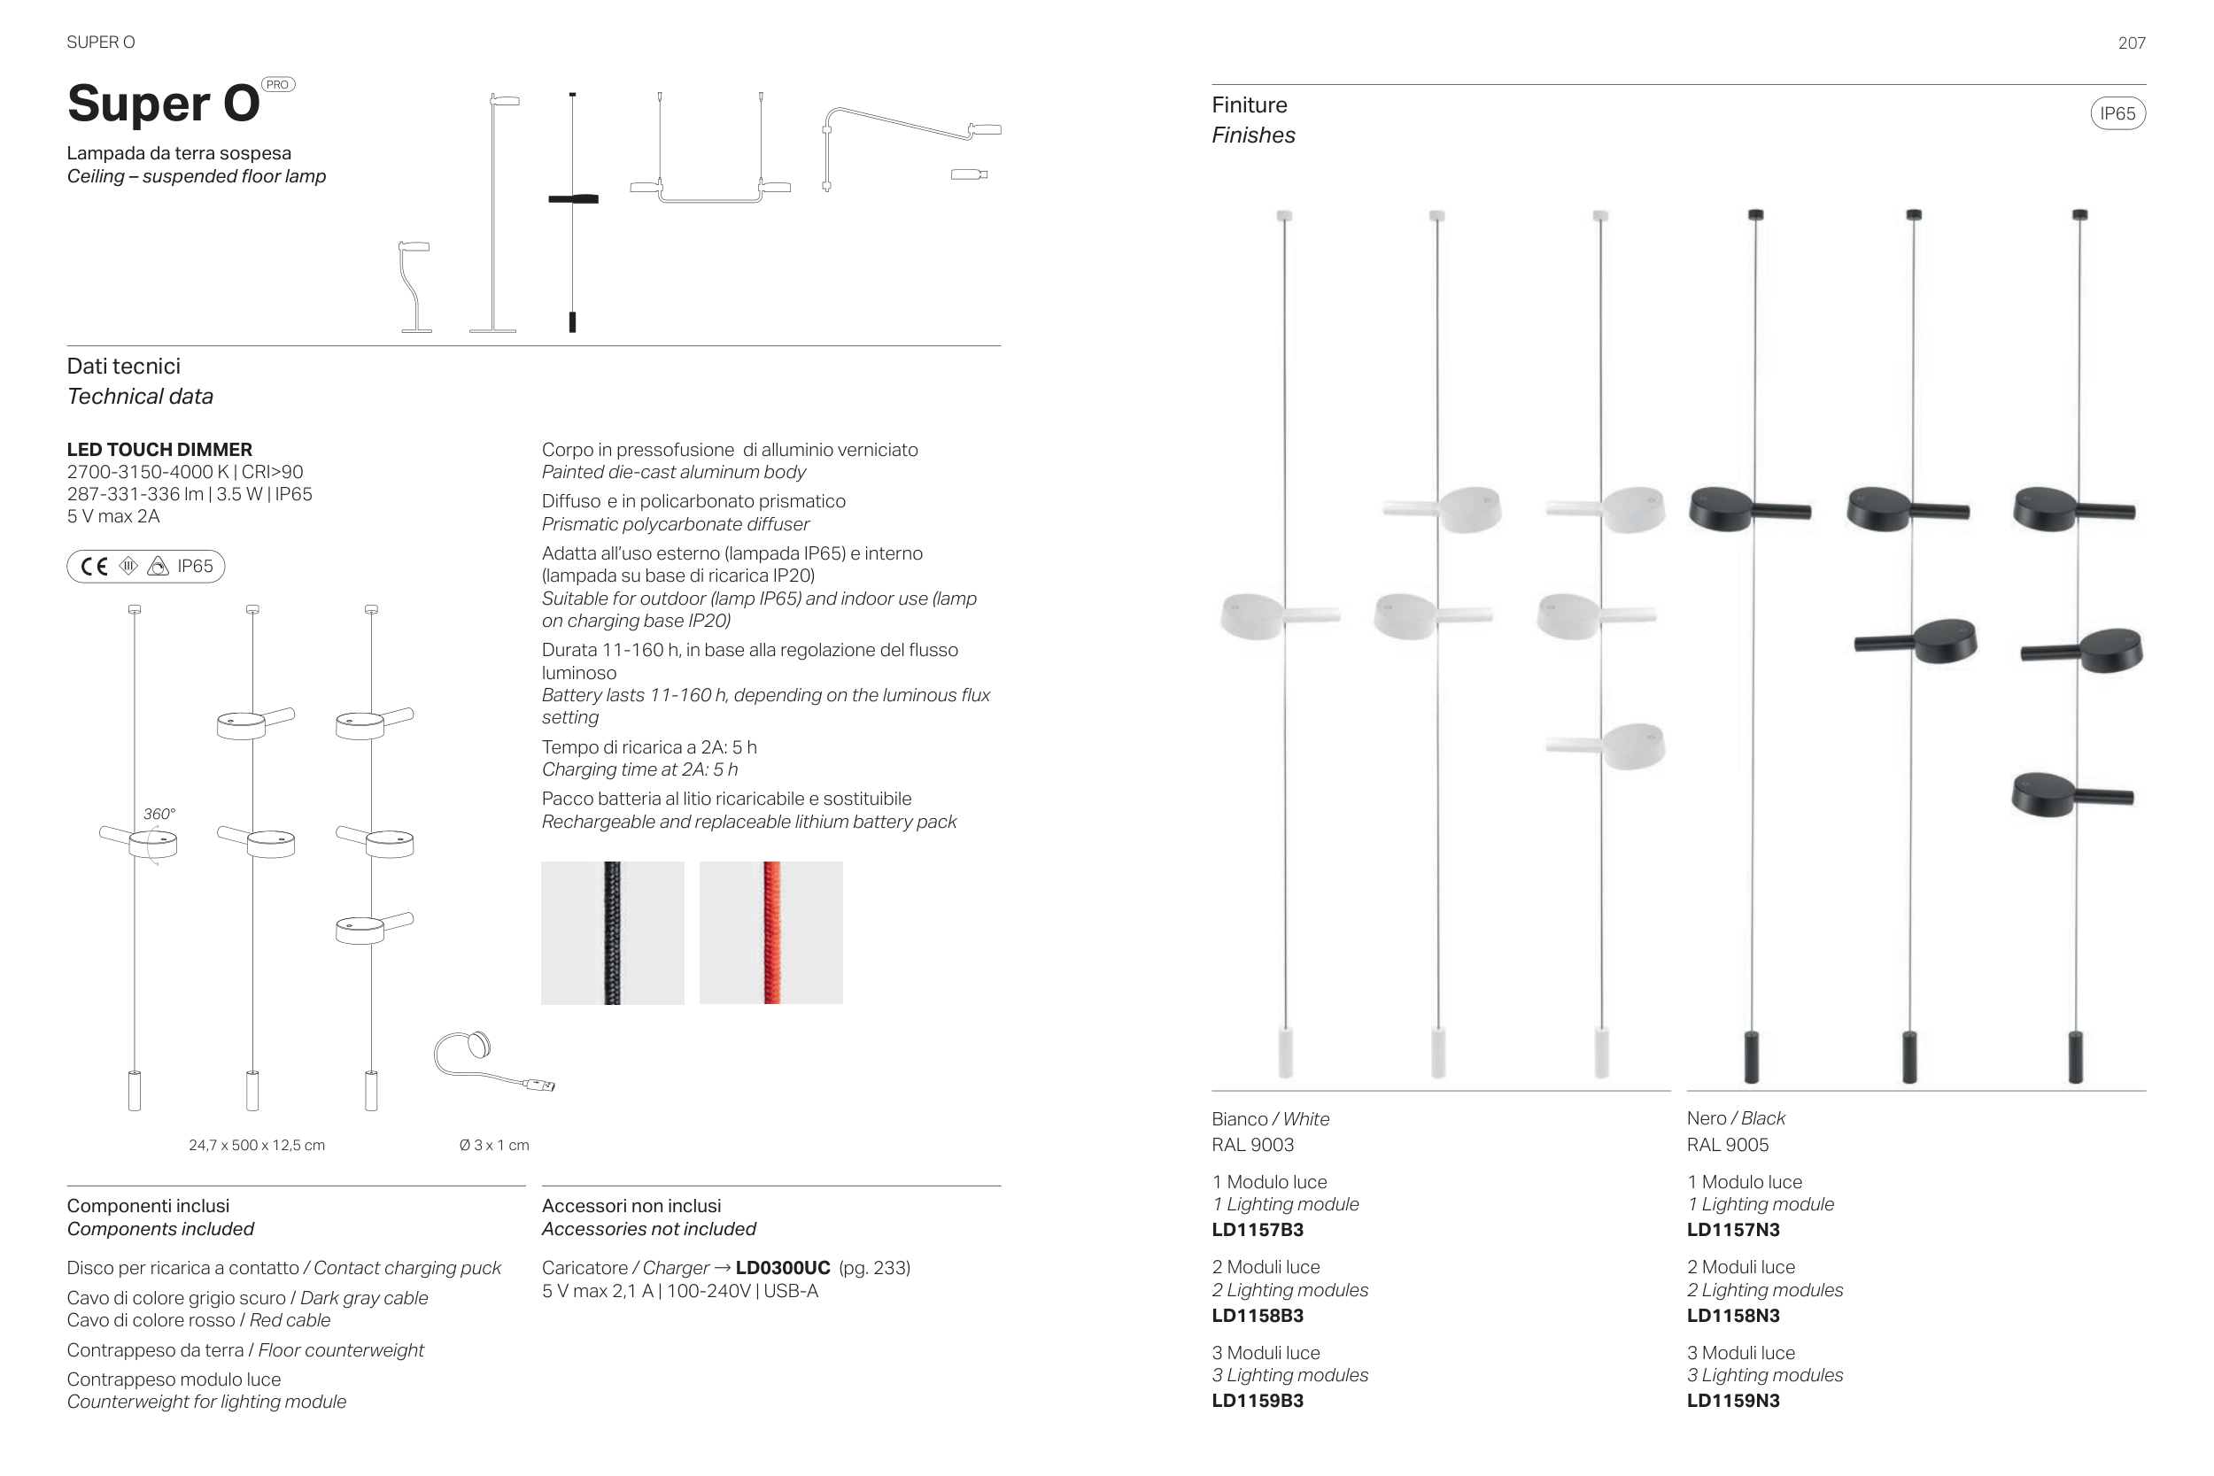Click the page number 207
(2131, 43)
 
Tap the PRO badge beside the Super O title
(278, 85)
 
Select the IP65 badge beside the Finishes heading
(2117, 114)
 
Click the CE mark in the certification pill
(94, 567)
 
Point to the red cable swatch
(771, 933)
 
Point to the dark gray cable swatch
(613, 933)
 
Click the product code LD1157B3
(1258, 1229)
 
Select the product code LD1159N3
(1733, 1401)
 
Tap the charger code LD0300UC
(783, 1268)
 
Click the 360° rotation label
(159, 815)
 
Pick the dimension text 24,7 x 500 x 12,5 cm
(257, 1146)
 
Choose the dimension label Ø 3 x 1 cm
(494, 1146)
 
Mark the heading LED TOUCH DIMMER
(160, 450)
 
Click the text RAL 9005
(1727, 1146)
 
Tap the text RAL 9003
(1253, 1146)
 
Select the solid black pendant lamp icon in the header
(572, 212)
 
